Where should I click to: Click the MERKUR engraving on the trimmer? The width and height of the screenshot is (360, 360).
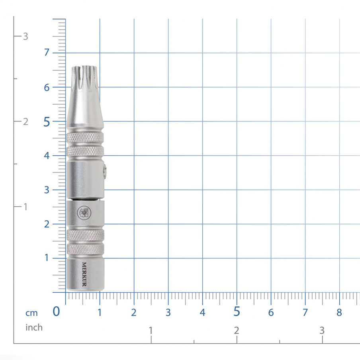tap(84, 274)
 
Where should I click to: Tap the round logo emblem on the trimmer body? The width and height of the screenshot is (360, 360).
tap(83, 212)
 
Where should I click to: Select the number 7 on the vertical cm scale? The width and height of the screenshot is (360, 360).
tap(47, 53)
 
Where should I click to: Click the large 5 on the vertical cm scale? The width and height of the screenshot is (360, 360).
tap(47, 122)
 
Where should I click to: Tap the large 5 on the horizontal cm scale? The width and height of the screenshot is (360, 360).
tap(237, 312)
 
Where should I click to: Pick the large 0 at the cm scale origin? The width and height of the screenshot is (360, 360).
tap(57, 311)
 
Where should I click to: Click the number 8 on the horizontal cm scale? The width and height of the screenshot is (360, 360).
tap(339, 312)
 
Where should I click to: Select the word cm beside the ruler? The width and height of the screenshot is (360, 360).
tap(32, 313)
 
